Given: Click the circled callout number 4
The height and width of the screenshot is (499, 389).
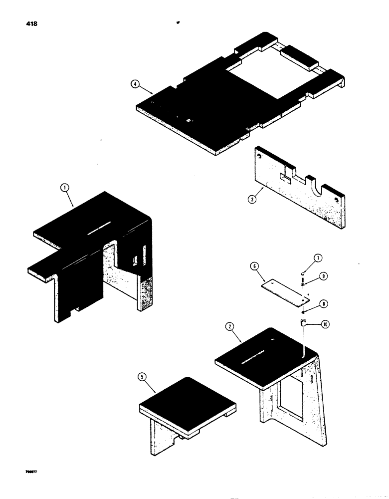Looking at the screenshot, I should (x=134, y=85).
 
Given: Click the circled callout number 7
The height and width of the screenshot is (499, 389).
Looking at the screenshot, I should (x=318, y=258).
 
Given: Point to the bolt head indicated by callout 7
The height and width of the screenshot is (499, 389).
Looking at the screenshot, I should (x=304, y=273).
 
